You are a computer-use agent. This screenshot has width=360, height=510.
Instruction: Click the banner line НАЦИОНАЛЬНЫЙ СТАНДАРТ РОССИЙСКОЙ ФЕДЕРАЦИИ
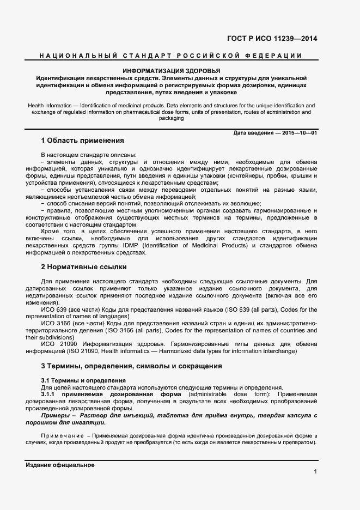(x=170, y=56)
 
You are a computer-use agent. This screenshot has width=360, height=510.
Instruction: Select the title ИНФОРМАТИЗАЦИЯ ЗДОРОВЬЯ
(x=171, y=71)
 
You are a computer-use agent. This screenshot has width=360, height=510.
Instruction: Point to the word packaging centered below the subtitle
(x=171, y=118)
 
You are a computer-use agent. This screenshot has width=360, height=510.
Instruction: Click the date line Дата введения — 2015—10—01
(x=275, y=133)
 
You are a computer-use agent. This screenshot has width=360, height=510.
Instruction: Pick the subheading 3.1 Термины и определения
(x=83, y=380)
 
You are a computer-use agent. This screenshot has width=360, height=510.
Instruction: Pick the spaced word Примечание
(x=62, y=436)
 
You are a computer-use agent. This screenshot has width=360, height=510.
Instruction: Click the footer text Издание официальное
(x=60, y=465)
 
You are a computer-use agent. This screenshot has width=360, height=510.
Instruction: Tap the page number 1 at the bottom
(x=315, y=471)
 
